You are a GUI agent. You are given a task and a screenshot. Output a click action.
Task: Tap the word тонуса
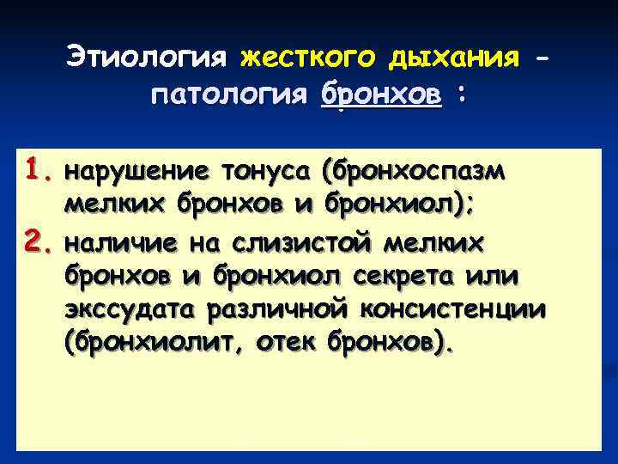[x=266, y=170]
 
